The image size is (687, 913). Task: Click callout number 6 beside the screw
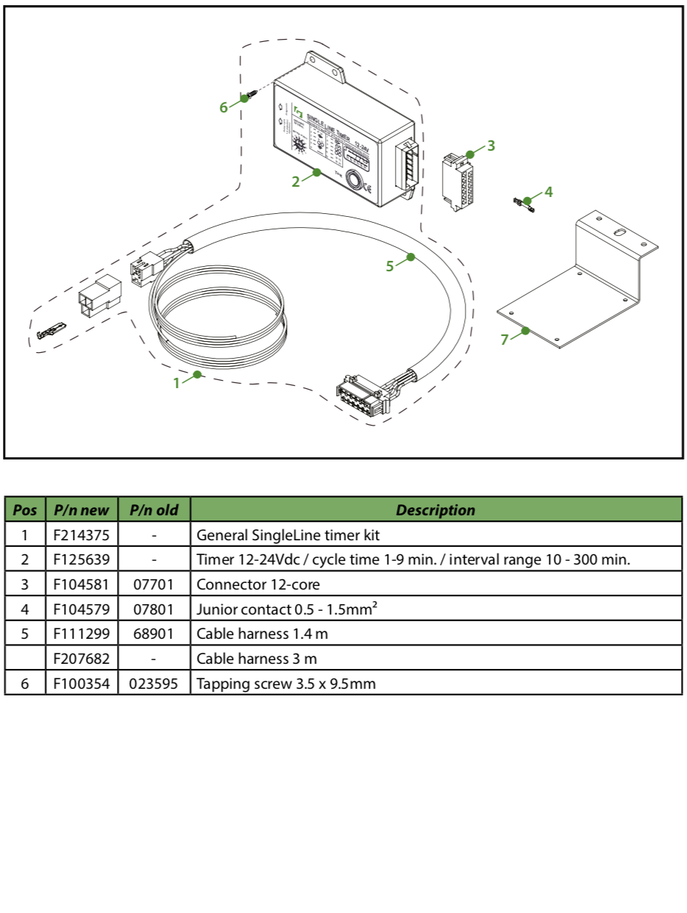(x=224, y=107)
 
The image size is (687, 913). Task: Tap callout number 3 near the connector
(x=491, y=146)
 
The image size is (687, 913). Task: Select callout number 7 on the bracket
(x=505, y=340)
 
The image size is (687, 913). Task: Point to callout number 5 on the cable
(x=390, y=266)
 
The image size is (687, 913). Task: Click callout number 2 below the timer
(x=296, y=181)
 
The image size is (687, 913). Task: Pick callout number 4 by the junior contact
(x=548, y=193)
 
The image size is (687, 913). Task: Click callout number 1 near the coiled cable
(x=177, y=382)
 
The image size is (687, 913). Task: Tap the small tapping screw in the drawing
(x=252, y=96)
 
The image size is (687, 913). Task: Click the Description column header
(x=435, y=509)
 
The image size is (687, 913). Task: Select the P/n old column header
(x=154, y=509)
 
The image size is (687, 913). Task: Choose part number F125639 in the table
(x=81, y=559)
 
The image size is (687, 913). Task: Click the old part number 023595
(x=154, y=684)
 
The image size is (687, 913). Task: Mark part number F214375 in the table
(x=81, y=534)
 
